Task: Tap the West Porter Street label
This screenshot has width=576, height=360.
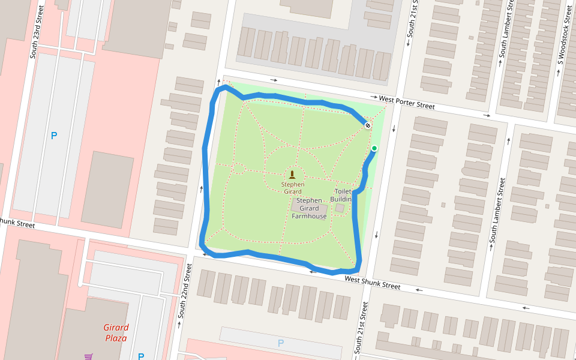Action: pos(406,101)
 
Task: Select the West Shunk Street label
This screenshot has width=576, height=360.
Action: pos(372,283)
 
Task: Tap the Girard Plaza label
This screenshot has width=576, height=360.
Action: pos(116,332)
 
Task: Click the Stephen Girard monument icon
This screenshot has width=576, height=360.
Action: pos(292,175)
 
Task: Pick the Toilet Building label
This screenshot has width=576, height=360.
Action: pos(341,195)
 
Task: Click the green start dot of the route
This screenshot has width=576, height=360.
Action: pos(374,148)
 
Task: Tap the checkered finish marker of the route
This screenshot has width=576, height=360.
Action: pos(367,125)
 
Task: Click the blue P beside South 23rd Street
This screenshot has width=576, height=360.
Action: pos(54,136)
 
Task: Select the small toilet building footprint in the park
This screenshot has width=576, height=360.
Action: pos(340,208)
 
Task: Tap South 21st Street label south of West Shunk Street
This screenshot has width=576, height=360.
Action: pos(361,327)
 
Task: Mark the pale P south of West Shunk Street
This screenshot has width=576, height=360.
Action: pos(280,343)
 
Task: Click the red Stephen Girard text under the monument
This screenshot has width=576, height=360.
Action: pos(292,188)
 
